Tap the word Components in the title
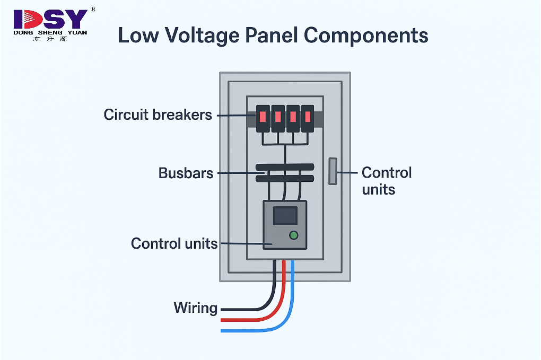coord(366,36)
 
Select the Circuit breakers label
coord(158,115)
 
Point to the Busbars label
coord(186,173)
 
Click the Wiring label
coord(195,308)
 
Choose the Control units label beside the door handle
coord(386,181)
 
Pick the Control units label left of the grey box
coord(174,243)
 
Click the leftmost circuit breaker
coord(263,118)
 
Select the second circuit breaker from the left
coord(278,118)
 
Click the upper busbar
coord(285,167)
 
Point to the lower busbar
coord(285,179)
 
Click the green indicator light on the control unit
coord(293,235)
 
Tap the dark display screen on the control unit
coord(285,215)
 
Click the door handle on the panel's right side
coord(333,171)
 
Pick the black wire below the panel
coord(274,286)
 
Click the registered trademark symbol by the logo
coord(93,9)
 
